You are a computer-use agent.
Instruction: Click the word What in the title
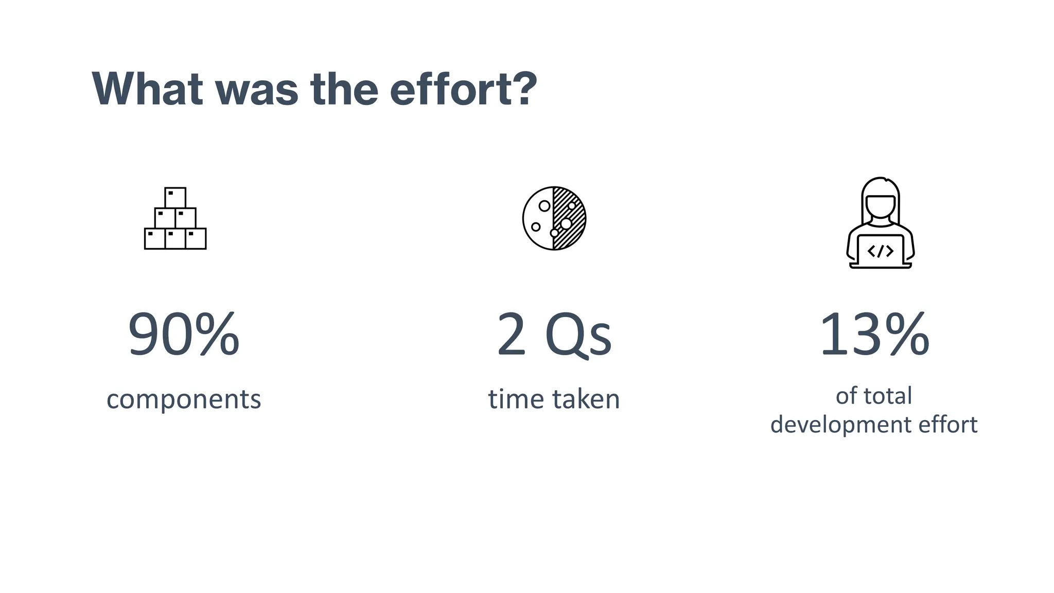(147, 89)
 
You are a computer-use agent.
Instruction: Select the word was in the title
(256, 89)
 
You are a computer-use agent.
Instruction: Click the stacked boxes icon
(175, 219)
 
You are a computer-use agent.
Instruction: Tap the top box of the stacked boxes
(175, 198)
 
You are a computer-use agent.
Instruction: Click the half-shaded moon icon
(554, 218)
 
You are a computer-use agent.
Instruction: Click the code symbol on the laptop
(881, 251)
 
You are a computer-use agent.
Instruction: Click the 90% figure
(184, 335)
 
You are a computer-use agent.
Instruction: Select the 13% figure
(874, 335)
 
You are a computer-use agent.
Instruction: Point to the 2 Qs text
(554, 335)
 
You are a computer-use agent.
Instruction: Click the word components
(184, 399)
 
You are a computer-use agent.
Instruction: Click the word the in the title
(344, 89)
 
